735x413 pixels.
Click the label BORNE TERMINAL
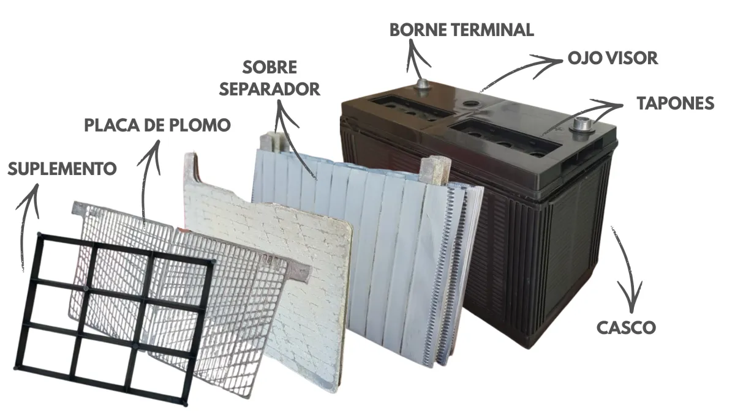tap(461, 30)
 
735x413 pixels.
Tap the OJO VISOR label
tap(612, 58)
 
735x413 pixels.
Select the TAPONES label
tap(675, 103)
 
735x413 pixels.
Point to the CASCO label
tap(626, 328)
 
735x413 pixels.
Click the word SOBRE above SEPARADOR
tap(269, 67)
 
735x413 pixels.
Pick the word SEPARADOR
tap(269, 89)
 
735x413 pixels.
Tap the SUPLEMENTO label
tap(62, 169)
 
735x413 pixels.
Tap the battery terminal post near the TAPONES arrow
tap(582, 126)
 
